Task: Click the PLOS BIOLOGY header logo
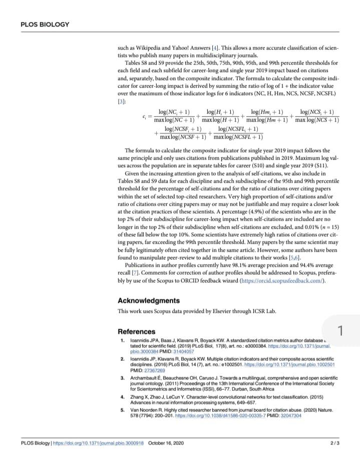point(45,25)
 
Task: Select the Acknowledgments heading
point(148,301)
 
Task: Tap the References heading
point(136,331)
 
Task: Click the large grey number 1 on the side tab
point(340,331)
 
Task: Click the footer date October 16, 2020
point(166,443)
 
